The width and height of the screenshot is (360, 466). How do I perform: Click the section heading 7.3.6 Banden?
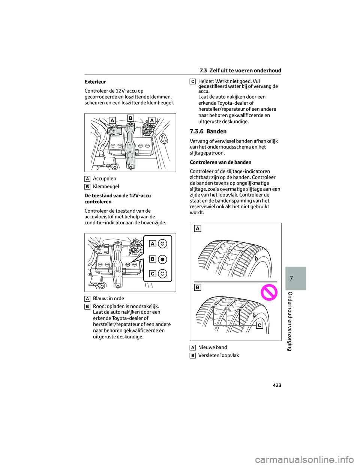pos(208,131)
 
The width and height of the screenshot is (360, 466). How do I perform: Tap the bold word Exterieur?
pos(95,82)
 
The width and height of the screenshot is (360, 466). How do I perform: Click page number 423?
pos(277,385)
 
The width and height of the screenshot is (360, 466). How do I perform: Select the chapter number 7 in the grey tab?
pos(291,278)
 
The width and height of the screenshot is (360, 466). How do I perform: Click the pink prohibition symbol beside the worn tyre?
pos(269,292)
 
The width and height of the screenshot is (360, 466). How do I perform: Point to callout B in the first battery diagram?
pos(130,118)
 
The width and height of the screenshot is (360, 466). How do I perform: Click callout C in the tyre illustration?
pos(259,325)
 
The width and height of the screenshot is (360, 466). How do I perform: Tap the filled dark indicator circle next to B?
pos(163,259)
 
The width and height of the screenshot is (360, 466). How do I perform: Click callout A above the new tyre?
pos(197,228)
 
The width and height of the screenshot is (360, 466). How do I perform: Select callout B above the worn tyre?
pos(197,287)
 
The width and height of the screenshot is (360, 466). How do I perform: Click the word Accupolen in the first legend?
pos(104,179)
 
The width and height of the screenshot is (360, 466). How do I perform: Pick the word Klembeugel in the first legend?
pos(106,186)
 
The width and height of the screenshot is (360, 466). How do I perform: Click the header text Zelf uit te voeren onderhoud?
pos(245,71)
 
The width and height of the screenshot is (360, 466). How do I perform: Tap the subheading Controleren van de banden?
pos(220,162)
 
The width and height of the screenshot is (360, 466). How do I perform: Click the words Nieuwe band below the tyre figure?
pos(213,347)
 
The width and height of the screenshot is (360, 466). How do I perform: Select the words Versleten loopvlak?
pos(219,355)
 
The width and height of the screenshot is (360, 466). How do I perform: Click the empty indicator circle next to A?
pos(163,244)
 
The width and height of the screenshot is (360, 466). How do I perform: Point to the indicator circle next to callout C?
pos(163,274)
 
